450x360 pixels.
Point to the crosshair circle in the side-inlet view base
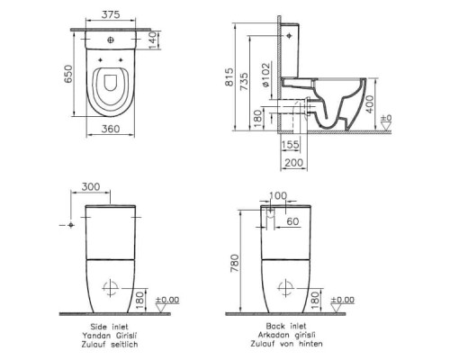coord(112,288)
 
